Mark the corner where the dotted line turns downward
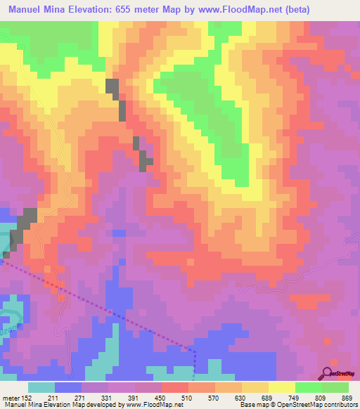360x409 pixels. click(195, 350)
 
